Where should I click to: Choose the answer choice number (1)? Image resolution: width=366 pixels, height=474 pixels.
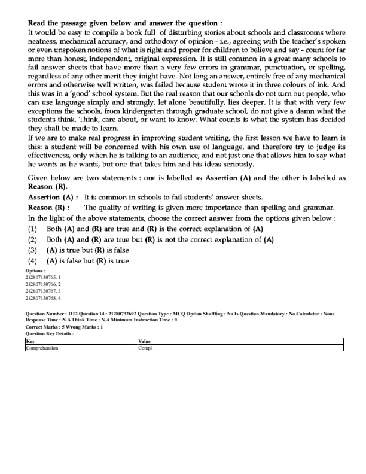coord(33,229)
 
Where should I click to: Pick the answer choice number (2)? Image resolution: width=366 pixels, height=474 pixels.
coord(33,239)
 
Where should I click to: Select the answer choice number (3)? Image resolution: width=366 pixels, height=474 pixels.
coord(33,250)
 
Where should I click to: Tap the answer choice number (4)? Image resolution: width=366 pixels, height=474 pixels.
coord(33,260)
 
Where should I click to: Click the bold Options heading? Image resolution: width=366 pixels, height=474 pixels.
coord(35,271)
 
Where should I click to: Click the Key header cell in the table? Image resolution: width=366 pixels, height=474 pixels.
coord(30,341)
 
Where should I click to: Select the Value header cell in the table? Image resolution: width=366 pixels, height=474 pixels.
coord(145,341)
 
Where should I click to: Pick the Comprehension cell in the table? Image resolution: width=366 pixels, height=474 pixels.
coord(42,347)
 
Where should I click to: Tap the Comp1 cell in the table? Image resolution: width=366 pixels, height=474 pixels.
coord(146,347)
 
